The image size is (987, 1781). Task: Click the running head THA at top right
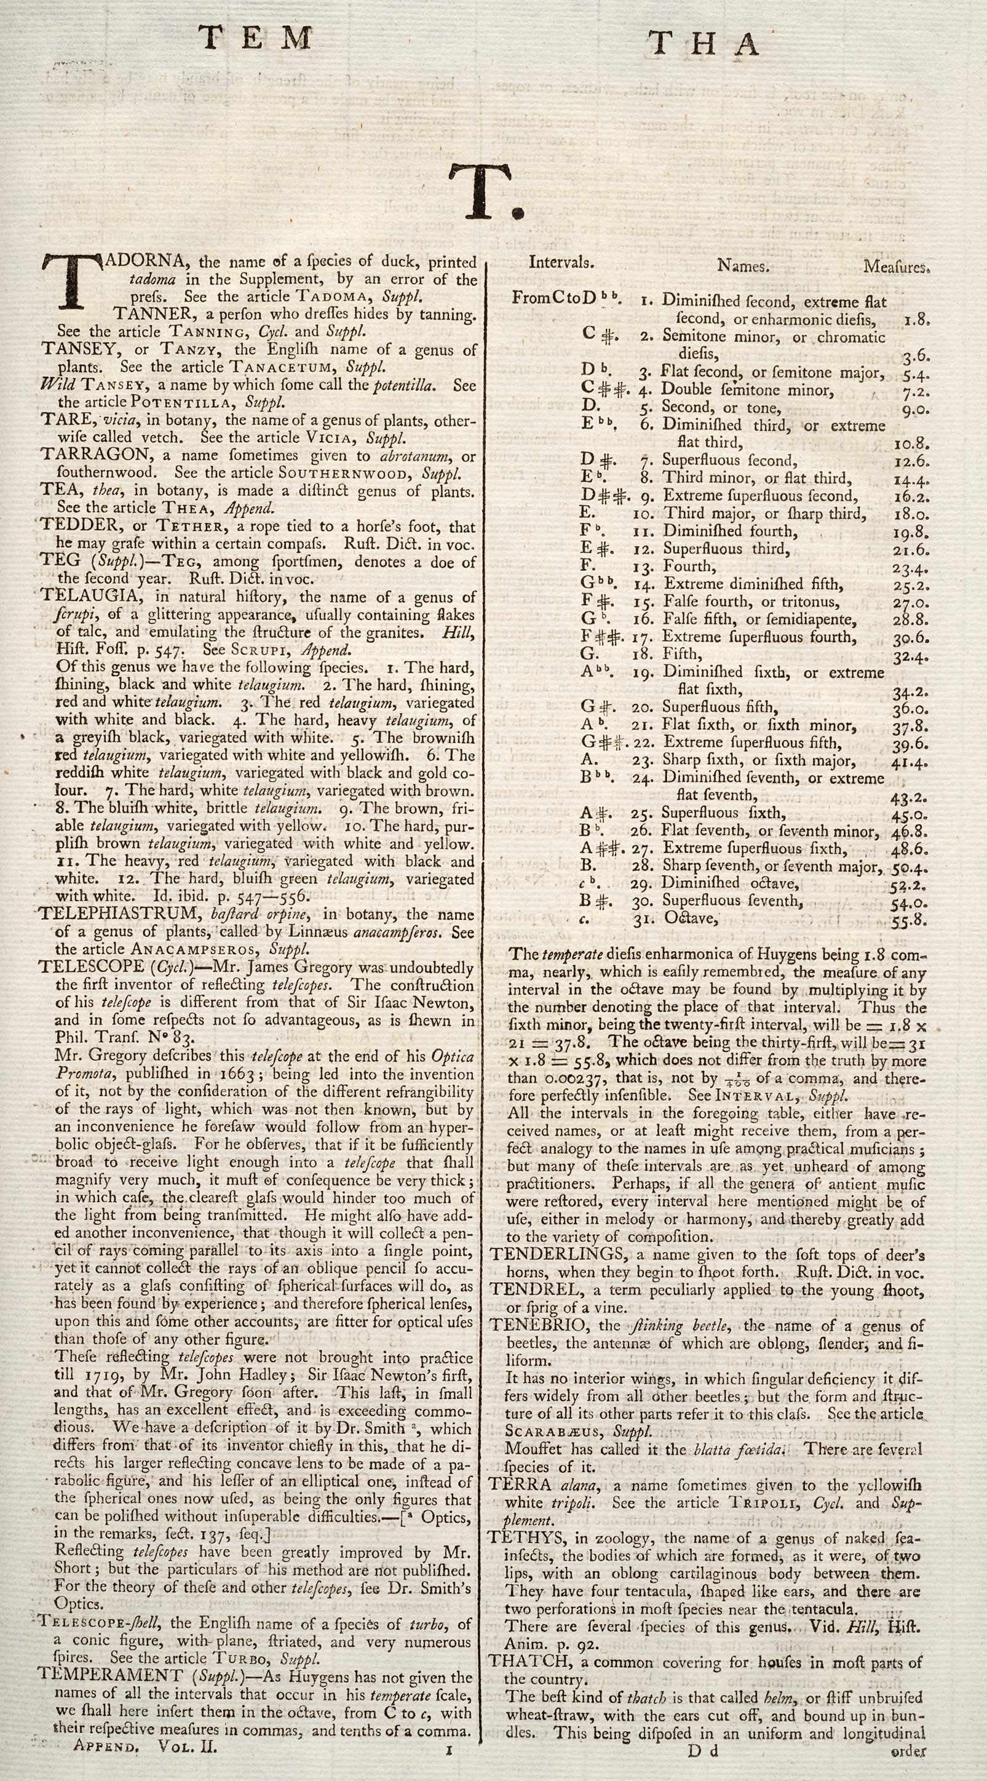704,44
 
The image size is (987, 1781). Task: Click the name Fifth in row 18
681,654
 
